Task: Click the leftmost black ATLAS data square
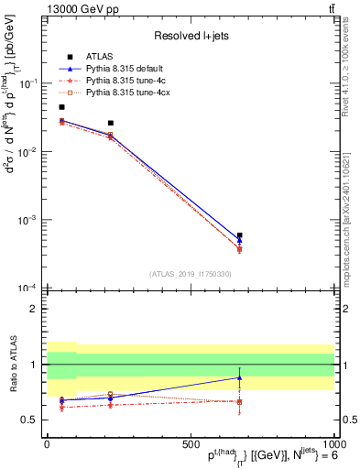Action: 61,107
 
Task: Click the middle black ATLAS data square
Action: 111,123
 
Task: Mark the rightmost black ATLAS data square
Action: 239,235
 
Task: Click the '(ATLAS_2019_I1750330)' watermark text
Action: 189,274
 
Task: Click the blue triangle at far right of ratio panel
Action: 239,377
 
